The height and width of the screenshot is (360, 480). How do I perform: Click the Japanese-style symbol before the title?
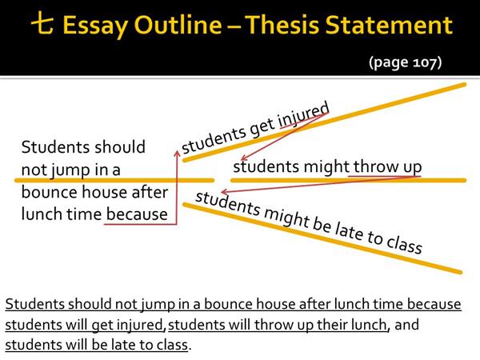click(42, 22)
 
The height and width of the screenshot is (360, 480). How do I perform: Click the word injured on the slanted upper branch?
click(304, 116)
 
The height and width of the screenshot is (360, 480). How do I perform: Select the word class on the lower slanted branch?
click(404, 244)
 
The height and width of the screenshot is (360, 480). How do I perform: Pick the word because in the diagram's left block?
click(137, 214)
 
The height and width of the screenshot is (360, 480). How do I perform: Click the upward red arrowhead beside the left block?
click(177, 153)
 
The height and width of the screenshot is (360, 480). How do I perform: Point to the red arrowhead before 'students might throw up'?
click(243, 158)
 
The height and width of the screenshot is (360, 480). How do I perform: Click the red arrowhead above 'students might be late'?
click(223, 192)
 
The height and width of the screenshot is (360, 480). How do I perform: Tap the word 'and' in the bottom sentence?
click(406, 325)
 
